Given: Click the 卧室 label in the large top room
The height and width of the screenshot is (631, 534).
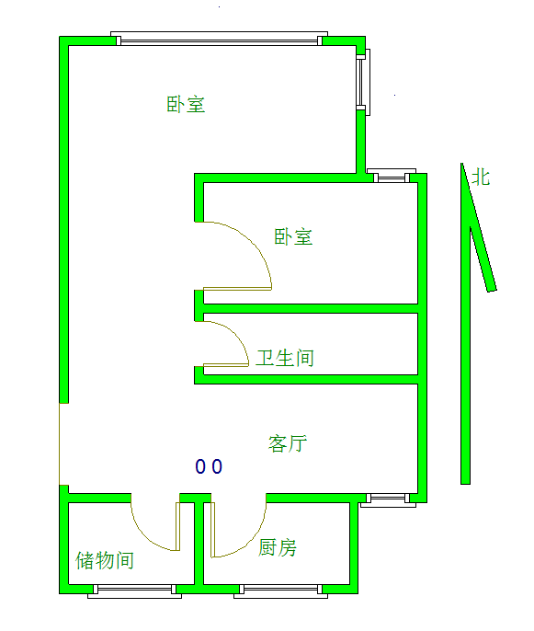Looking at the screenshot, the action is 186,104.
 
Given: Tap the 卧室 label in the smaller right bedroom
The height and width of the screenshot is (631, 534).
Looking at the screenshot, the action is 293,236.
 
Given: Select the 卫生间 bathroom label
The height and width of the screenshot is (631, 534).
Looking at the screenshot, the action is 285,358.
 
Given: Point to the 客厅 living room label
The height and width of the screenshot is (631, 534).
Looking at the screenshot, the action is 288,443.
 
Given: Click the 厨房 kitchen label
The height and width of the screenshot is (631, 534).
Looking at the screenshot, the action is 278,547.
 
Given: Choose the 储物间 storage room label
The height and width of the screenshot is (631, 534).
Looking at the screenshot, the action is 105,560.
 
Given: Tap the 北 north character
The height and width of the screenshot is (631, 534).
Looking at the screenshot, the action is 481,177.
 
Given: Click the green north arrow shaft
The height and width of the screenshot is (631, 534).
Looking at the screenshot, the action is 466,354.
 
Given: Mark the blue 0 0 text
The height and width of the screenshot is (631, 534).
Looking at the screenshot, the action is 209,466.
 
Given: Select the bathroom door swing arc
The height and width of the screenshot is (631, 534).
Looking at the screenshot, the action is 234,335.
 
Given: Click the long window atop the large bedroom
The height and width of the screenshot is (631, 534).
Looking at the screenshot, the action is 219,39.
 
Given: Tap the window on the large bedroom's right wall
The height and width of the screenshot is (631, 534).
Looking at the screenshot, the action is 363,82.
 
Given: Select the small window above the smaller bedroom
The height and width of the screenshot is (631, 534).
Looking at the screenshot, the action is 392,176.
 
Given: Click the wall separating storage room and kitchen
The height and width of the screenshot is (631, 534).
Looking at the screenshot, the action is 199,544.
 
